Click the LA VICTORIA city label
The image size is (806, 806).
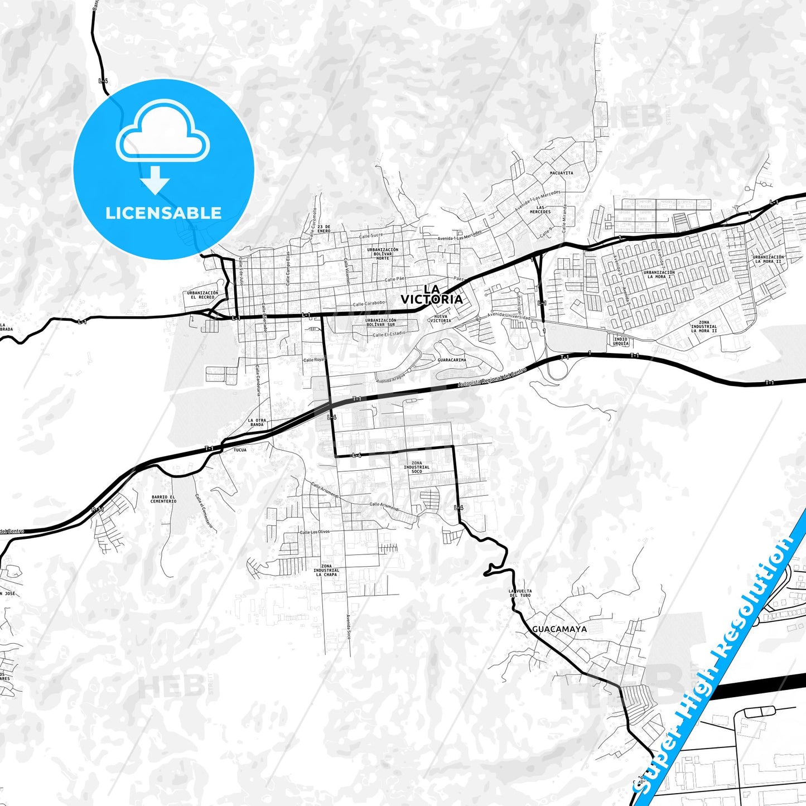[x=432, y=294]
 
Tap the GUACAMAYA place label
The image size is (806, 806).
[x=559, y=629]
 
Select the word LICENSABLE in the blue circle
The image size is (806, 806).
[x=163, y=213]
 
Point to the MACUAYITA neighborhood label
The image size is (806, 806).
[x=561, y=173]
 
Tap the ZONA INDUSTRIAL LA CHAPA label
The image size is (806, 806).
[x=326, y=570]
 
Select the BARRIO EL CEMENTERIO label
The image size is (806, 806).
[x=163, y=499]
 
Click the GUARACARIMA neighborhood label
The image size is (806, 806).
[x=452, y=360]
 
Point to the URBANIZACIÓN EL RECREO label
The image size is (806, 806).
[x=202, y=295]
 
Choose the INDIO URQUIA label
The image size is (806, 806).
[x=621, y=341]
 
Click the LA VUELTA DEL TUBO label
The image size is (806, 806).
[x=520, y=593]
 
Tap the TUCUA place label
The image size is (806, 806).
[x=240, y=450]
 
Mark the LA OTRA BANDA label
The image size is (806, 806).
[x=257, y=422]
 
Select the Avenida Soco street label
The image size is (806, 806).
[x=348, y=627]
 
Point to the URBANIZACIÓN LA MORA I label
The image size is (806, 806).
[x=658, y=274]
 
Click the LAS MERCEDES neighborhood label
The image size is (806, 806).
[x=540, y=210]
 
